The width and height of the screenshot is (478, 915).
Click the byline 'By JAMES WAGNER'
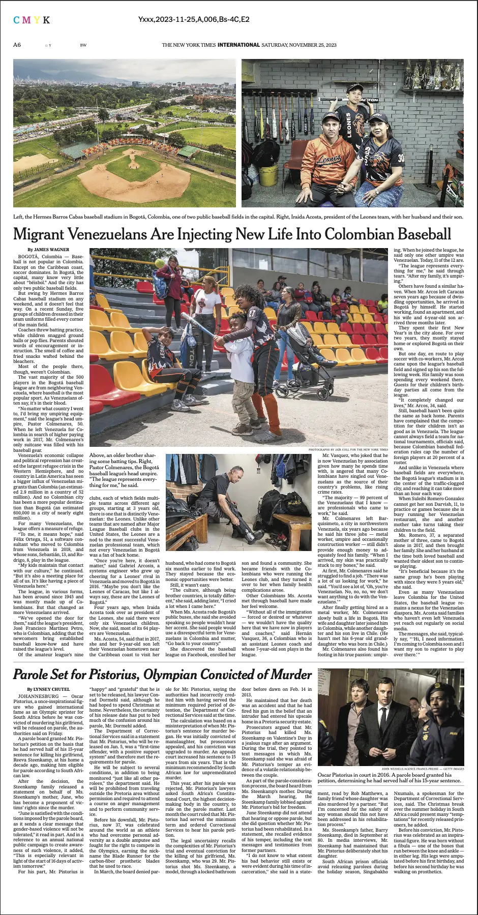48,250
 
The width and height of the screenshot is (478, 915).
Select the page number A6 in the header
17,45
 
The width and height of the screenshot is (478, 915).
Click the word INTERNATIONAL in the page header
238,45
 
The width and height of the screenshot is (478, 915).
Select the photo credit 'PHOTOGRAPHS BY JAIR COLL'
348,450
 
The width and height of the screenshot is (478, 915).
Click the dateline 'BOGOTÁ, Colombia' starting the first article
40,257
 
